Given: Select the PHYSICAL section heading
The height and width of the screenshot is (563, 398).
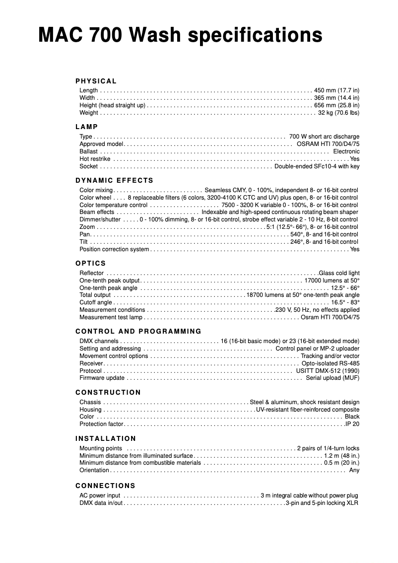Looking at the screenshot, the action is [x=96, y=81].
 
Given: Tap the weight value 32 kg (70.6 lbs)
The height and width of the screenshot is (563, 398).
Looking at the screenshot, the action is [x=338, y=113].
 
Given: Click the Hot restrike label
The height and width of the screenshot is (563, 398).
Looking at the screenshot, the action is [x=95, y=159].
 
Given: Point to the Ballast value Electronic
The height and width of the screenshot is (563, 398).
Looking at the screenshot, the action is [x=346, y=151].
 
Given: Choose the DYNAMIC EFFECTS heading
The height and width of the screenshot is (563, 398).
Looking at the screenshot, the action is [x=115, y=180].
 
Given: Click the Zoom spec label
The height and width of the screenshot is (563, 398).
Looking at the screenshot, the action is [x=87, y=227].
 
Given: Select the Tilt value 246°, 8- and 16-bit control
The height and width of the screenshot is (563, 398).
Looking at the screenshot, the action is [x=324, y=242].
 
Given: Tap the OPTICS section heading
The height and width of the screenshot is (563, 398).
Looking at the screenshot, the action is [x=91, y=263].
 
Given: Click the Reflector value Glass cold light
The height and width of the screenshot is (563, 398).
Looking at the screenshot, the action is [x=339, y=273].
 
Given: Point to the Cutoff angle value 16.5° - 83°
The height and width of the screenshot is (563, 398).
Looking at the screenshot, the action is [x=345, y=302].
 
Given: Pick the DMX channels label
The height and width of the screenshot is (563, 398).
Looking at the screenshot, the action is [x=99, y=341].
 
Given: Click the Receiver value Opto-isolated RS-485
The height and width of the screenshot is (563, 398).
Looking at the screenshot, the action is [x=331, y=363].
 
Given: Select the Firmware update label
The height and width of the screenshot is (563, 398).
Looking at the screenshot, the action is [x=102, y=378].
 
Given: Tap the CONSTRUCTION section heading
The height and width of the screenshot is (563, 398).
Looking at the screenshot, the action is [x=108, y=392].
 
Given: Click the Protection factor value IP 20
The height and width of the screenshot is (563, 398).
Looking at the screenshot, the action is [x=352, y=424].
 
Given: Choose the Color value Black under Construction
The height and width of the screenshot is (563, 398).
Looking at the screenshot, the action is [x=352, y=417].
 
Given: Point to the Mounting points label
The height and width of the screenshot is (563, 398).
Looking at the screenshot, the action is [x=101, y=448].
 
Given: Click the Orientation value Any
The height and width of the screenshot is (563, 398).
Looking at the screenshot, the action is [x=354, y=470].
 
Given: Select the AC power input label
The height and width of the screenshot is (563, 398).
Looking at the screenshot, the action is [x=100, y=495].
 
